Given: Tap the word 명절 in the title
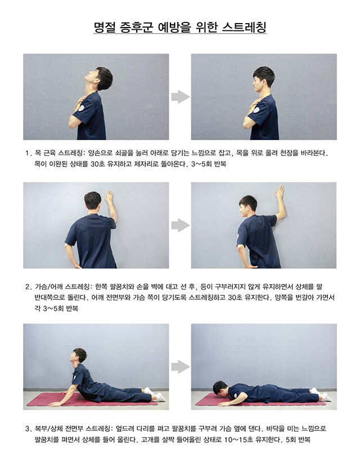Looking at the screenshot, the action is coord(104,27).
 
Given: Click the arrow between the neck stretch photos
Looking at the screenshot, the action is coord(181,97).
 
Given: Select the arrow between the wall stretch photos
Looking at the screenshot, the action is coord(181,225).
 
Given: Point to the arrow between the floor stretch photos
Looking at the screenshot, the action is coord(181,367).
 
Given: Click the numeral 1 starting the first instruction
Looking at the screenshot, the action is coord(28,154).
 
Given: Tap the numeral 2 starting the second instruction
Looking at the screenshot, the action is coord(28,286).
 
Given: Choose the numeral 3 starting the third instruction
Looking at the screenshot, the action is coord(28,428).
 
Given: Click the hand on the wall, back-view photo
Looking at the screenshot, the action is coord(109,197).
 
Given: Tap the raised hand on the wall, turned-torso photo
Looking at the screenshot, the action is coord(279,193).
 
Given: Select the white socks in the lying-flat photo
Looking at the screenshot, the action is coord(321,394).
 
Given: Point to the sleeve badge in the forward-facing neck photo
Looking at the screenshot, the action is coord(256,110).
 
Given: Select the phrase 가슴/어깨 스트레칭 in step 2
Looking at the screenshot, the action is coord(62,286).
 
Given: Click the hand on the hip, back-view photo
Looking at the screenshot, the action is coord(75,265).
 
